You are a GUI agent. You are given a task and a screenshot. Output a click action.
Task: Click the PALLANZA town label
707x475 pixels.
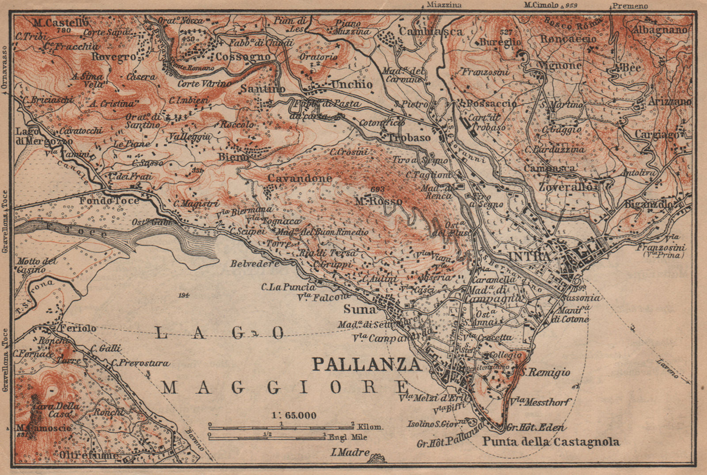point(366,365)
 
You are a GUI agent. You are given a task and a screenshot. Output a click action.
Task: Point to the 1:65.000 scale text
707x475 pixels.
point(294,415)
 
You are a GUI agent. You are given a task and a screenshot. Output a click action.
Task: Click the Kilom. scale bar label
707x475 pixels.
point(371,427)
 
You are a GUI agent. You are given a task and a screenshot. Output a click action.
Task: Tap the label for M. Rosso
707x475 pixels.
point(379,201)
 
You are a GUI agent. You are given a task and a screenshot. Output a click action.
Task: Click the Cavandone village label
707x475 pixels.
point(306,178)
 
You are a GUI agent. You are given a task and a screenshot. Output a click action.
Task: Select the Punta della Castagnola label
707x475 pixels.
point(551,441)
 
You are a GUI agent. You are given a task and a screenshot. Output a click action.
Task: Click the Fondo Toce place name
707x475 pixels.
point(109,201)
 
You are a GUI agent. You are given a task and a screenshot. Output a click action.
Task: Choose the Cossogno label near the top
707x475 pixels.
point(243,57)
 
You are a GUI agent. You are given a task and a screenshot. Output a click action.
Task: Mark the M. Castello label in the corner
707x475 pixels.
point(61,23)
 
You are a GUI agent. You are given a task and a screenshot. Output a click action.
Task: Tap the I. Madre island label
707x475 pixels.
point(350,452)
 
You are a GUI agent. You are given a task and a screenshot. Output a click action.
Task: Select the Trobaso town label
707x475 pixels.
point(409,138)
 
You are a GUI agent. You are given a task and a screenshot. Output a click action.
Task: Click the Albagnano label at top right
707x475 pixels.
point(660,30)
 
